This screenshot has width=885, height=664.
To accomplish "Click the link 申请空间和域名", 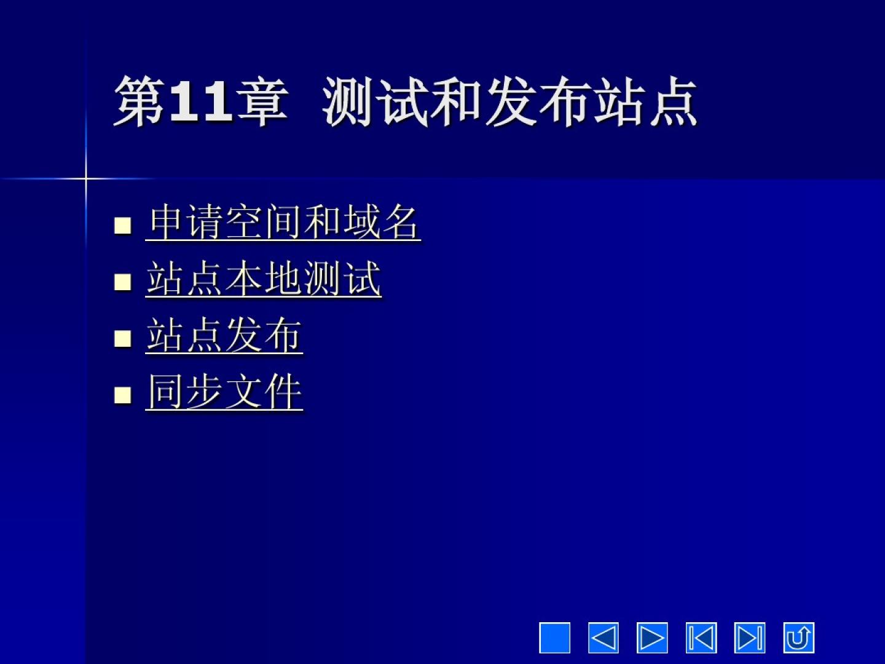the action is click(x=283, y=222).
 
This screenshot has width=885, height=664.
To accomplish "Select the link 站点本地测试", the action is click(x=263, y=279).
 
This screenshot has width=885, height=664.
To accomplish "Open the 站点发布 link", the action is click(x=224, y=335).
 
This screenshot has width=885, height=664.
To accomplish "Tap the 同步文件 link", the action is click(x=224, y=392).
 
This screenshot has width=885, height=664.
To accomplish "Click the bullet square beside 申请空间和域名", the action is click(x=122, y=226).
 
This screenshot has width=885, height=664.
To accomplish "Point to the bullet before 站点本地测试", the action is click(x=122, y=282).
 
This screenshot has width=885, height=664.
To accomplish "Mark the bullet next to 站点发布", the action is click(x=122, y=339).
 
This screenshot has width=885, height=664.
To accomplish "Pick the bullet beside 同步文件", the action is click(x=122, y=395).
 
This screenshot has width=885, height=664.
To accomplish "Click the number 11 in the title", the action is click(x=200, y=101).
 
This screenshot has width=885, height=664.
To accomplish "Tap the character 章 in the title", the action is click(x=262, y=101).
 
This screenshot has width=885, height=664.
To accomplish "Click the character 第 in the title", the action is click(x=140, y=101).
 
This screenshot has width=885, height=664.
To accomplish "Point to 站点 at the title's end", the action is click(x=645, y=101).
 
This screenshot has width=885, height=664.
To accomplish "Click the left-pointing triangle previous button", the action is click(x=604, y=638).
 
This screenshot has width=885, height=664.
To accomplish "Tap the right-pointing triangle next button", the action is click(x=652, y=638).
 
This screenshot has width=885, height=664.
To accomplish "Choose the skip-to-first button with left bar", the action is click(x=701, y=638).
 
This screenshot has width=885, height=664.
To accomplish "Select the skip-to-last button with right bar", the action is click(x=750, y=638).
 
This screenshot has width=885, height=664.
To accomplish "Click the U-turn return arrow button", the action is click(x=799, y=638).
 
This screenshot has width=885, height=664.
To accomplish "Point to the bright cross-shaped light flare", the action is click(x=85, y=178).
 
